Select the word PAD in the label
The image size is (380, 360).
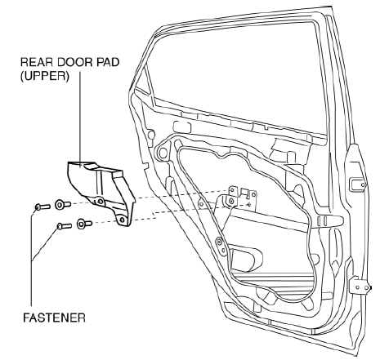tap(108, 62)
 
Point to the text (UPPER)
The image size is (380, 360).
tap(45, 76)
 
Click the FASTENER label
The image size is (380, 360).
tap(54, 318)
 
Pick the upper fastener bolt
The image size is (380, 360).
tap(42, 207)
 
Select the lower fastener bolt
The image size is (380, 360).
tap(65, 226)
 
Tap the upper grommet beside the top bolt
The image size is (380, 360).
tap(63, 204)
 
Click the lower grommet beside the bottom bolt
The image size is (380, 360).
tap(84, 224)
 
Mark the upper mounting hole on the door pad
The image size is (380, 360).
tap(101, 202)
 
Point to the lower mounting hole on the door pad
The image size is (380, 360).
tap(122, 220)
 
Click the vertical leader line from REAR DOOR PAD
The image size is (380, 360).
tap(80, 117)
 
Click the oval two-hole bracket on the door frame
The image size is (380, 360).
tap(221, 246)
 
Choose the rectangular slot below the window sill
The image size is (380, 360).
tap(182, 127)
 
